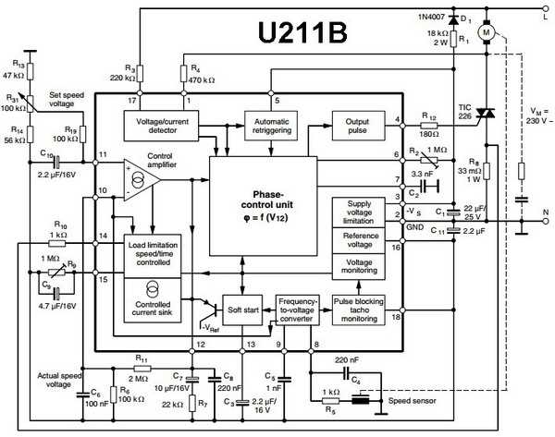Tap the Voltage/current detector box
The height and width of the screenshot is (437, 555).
tap(161, 126)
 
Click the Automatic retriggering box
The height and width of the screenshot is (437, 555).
tap(269, 126)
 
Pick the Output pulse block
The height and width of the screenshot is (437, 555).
tap(357, 126)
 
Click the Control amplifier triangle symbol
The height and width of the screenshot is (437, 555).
tap(140, 178)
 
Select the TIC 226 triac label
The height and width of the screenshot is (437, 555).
tap(464, 112)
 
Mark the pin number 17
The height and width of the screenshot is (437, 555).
tap(132, 99)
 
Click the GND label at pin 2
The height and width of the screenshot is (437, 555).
tap(413, 226)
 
